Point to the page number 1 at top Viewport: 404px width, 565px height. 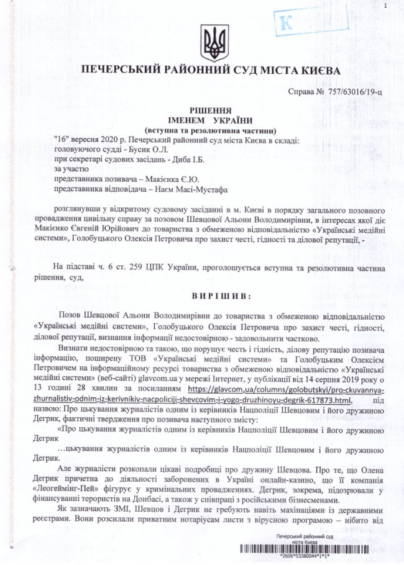pyautogui.click(x=385, y=6)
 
